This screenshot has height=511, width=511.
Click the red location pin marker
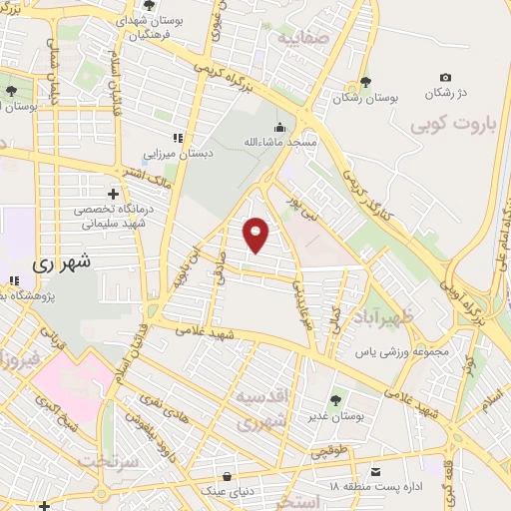tap(256, 235)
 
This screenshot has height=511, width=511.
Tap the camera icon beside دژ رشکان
tap(445, 78)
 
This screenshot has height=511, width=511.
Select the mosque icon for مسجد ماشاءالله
tap(278, 128)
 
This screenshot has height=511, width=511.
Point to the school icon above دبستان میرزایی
tap(177, 138)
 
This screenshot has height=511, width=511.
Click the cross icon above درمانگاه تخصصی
tap(114, 193)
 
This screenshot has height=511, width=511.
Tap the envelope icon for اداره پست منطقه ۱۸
tap(375, 470)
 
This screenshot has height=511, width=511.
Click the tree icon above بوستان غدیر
tap(334, 400)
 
